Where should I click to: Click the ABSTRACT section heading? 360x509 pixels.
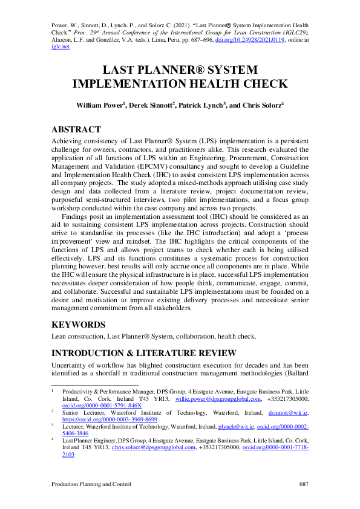click(76, 129)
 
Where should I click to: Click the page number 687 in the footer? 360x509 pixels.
click(304, 485)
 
